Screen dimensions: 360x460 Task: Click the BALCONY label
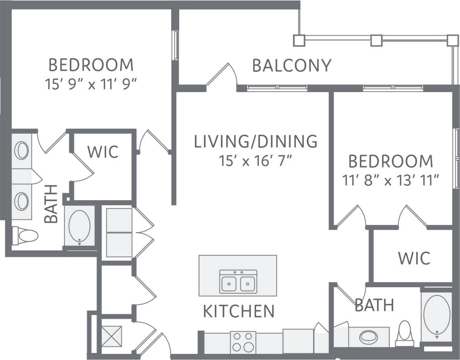(291, 66)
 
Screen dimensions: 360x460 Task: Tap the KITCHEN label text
(239, 312)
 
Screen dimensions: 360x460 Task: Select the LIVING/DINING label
(256, 141)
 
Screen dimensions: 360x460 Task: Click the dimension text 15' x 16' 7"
(256, 160)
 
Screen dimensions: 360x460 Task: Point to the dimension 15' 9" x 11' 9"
(91, 84)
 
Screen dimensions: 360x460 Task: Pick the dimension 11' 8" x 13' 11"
(391, 180)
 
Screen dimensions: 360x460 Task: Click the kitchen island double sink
(238, 282)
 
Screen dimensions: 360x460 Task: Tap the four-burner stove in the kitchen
(243, 342)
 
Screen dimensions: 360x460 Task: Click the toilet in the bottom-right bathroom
(405, 333)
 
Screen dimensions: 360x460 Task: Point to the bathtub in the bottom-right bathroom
(437, 314)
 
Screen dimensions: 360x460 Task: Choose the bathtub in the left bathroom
(79, 226)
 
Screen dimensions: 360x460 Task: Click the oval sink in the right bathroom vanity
(369, 337)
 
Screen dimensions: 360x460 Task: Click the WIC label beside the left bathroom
(103, 152)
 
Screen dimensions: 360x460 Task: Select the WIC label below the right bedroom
(414, 258)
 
